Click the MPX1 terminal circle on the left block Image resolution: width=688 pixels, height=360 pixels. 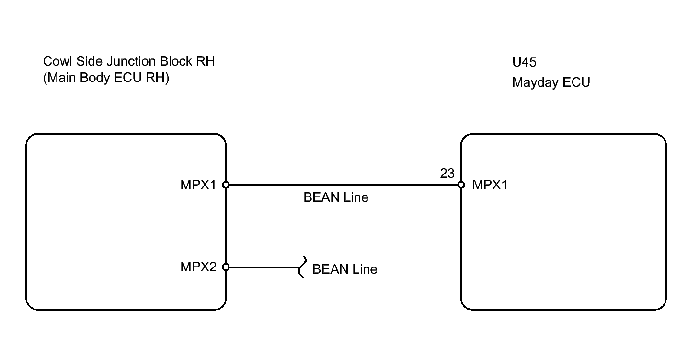(226, 185)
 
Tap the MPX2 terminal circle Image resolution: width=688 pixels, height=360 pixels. (226, 267)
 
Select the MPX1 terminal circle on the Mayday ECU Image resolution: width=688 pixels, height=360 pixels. (461, 185)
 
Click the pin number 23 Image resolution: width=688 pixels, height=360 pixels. (447, 174)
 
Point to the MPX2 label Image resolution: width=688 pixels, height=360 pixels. (198, 267)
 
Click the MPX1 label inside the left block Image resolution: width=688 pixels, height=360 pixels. (198, 185)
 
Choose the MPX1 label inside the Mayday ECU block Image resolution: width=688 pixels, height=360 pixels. (490, 185)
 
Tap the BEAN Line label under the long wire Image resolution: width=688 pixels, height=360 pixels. (336, 197)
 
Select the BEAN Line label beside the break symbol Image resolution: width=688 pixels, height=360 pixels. (344, 269)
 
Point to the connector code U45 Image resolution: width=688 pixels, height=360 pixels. (524, 62)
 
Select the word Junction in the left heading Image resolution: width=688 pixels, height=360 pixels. (131, 62)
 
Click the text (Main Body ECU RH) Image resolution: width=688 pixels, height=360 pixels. (106, 78)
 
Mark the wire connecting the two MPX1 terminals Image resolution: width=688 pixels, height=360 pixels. (344, 185)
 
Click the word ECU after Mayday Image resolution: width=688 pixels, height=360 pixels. (576, 82)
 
